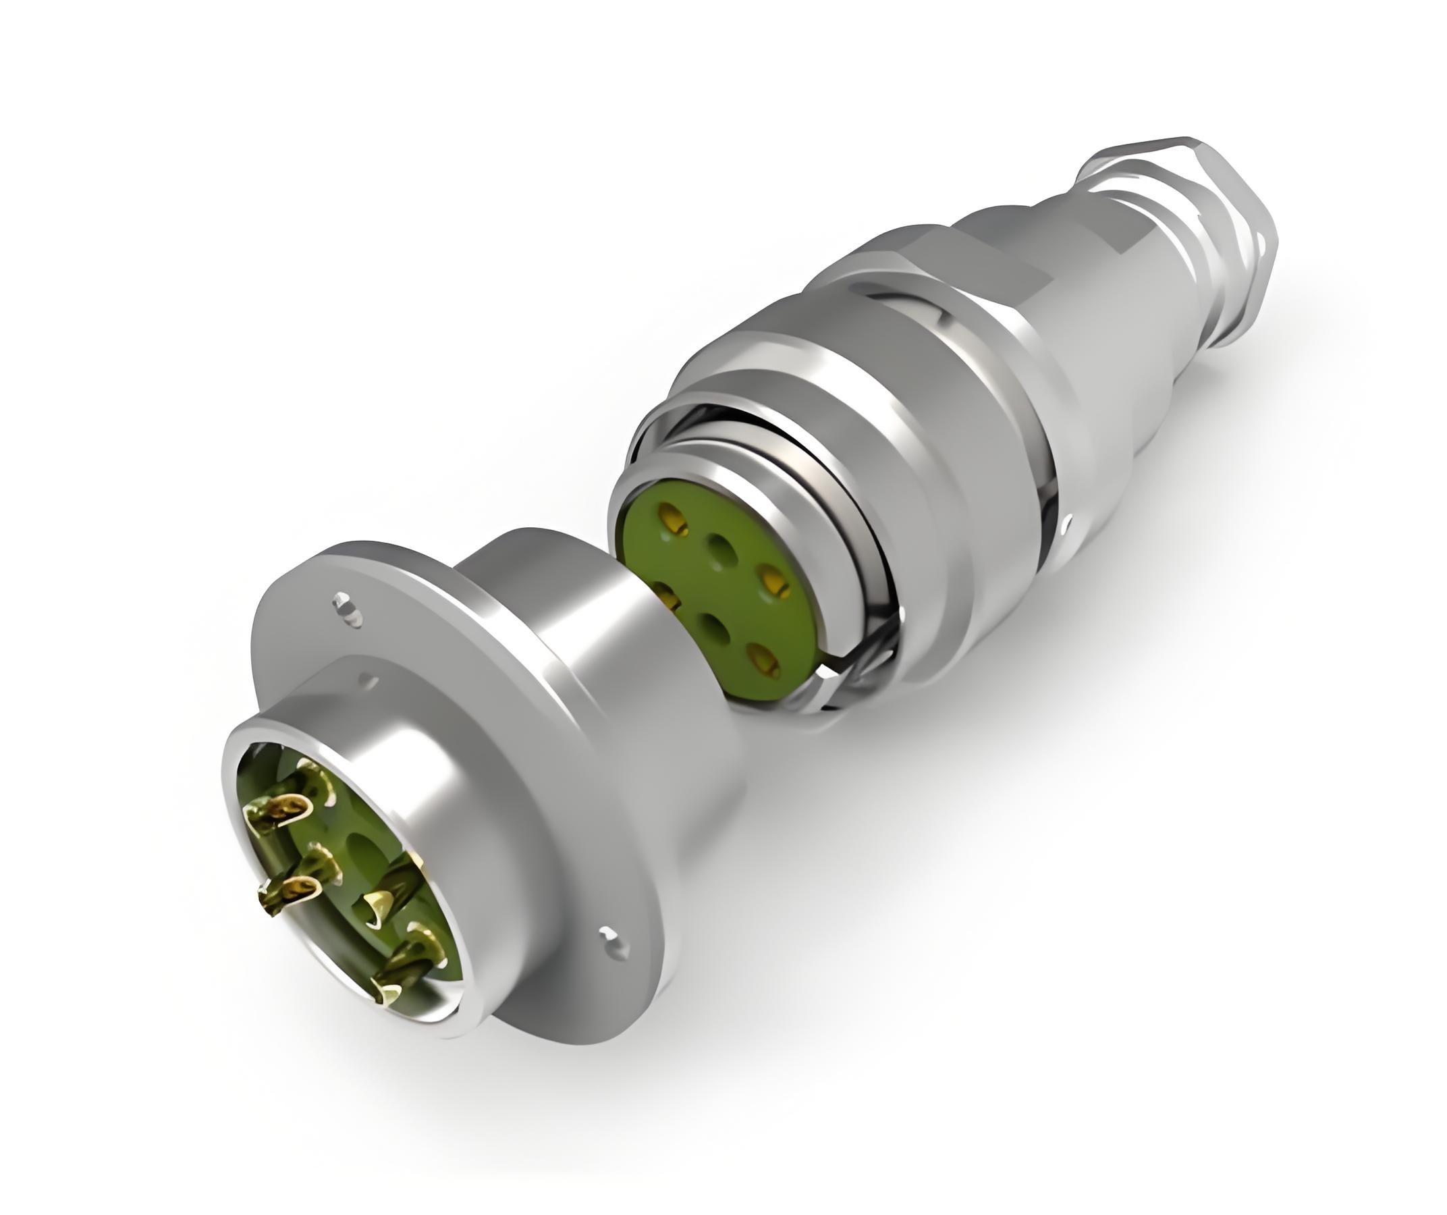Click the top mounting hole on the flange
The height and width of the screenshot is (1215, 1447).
point(347,607)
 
